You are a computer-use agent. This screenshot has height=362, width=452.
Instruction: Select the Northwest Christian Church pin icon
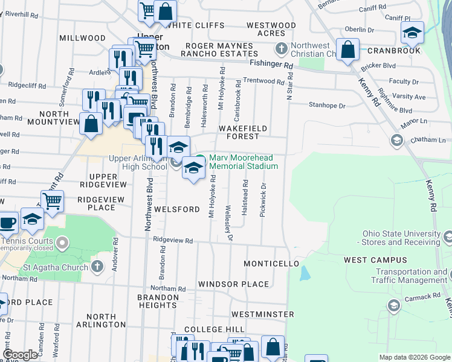[280, 48]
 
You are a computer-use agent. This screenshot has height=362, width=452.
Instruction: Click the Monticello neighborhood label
[271, 264]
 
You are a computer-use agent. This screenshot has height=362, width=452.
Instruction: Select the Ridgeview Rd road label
[173, 240]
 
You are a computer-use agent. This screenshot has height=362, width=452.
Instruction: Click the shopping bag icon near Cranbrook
[348, 50]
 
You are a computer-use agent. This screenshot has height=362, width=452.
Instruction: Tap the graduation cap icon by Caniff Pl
[412, 32]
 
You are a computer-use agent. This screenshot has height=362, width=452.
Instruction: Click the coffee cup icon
[7, 223]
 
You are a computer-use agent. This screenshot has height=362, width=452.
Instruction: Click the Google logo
[20, 355]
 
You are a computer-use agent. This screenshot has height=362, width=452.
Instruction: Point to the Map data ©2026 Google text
[414, 357]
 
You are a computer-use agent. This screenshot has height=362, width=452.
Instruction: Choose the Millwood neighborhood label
[83, 38]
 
